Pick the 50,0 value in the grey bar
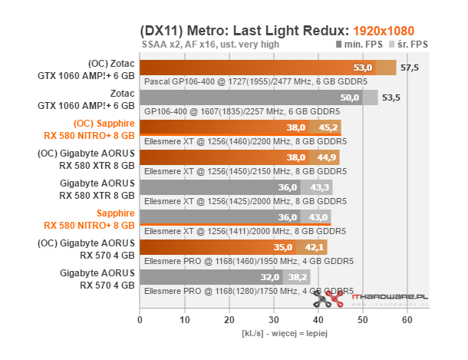point(349,98)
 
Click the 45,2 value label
point(328,127)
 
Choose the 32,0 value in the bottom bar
point(269,276)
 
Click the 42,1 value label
point(315,247)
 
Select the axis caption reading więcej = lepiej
point(275,334)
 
